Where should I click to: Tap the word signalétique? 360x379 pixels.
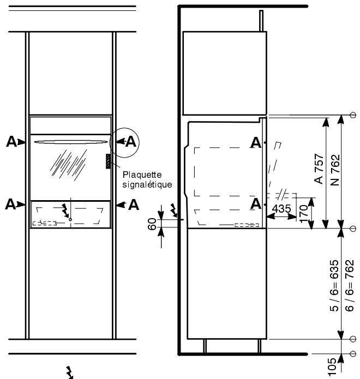[x=147, y=184]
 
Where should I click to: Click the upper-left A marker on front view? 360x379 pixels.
[x=10, y=142]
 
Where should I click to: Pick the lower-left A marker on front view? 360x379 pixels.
[x=10, y=204]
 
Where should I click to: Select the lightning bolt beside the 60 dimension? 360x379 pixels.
[x=174, y=210]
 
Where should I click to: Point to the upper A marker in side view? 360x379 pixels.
[x=254, y=143]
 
